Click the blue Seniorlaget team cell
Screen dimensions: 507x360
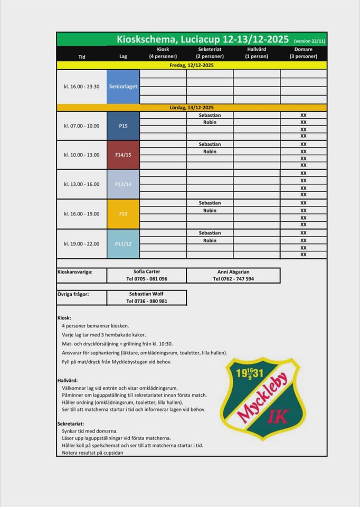point(123,87)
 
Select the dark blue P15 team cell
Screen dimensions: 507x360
point(123,126)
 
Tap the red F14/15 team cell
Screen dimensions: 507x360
point(123,155)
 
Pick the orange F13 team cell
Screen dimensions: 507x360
point(123,214)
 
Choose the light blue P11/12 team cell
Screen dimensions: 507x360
point(123,243)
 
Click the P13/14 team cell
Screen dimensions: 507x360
point(123,184)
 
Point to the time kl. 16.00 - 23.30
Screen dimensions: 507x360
point(82,87)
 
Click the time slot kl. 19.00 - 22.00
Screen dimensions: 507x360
point(82,243)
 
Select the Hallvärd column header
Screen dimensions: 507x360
point(257,53)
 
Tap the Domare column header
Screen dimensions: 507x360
point(304,53)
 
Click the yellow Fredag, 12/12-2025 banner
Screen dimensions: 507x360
point(192,65)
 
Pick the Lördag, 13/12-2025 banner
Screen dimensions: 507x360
point(192,108)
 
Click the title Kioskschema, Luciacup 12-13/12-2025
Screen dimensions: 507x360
point(203,40)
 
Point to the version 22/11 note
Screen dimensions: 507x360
point(309,41)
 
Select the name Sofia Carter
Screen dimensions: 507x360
point(147,272)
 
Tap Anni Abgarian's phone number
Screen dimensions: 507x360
point(233,279)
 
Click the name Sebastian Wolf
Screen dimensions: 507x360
point(147,294)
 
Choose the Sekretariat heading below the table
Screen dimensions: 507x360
point(70,424)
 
